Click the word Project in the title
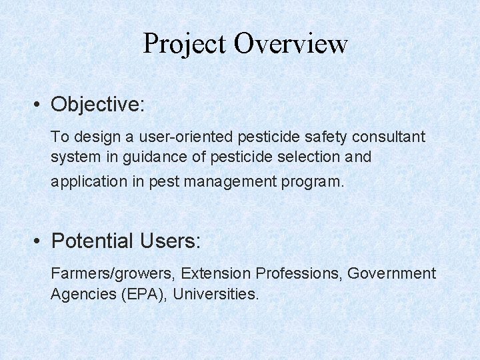click(x=185, y=45)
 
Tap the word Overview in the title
click(x=291, y=45)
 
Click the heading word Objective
click(x=97, y=105)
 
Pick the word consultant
click(x=388, y=137)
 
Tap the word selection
click(x=301, y=157)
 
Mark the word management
click(x=235, y=181)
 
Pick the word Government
click(x=392, y=273)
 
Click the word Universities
click(x=215, y=294)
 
